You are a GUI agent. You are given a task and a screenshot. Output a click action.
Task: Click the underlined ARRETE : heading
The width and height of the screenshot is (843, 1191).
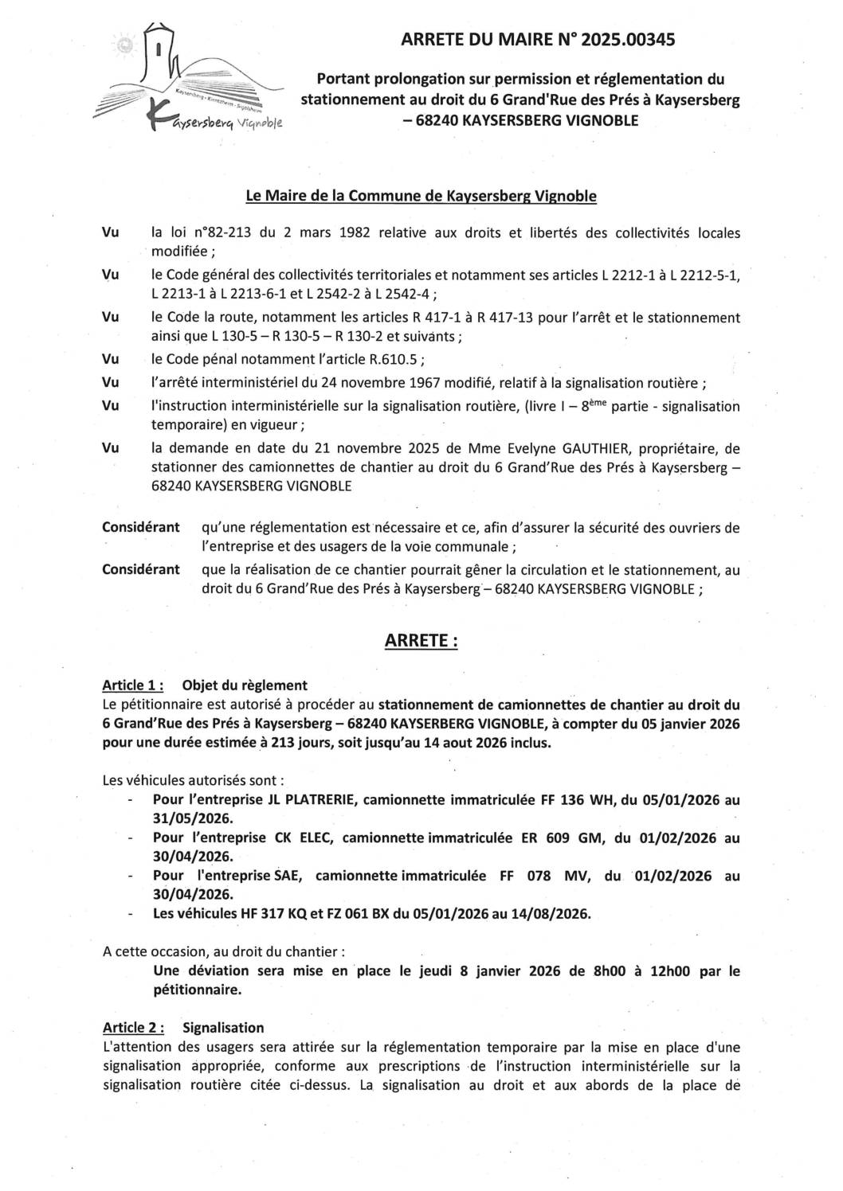(x=421, y=641)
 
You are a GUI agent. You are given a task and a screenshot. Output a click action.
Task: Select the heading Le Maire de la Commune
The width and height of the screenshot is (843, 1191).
(x=421, y=195)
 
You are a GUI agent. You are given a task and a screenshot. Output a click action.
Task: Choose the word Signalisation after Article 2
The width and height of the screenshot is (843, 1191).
(x=223, y=1028)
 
